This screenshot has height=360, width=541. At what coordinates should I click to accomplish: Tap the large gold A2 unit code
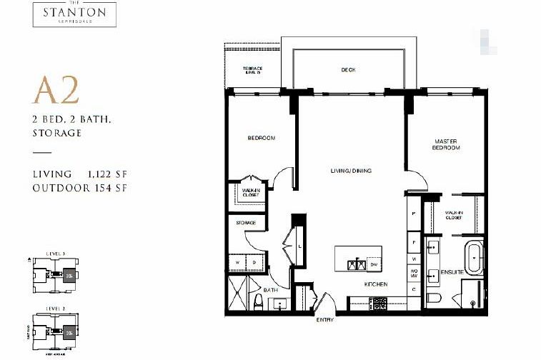pyautogui.click(x=55, y=92)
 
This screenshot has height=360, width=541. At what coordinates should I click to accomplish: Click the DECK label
pyautogui.click(x=347, y=70)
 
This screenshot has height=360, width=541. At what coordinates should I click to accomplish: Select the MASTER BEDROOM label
pyautogui.click(x=447, y=144)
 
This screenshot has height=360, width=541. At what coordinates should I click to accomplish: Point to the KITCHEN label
pyautogui.click(x=375, y=284)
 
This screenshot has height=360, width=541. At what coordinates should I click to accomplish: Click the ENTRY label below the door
pyautogui.click(x=325, y=319)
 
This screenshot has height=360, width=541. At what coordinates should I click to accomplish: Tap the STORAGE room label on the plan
pyautogui.click(x=246, y=223)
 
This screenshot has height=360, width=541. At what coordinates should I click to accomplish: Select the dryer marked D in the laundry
pyautogui.click(x=254, y=261)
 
